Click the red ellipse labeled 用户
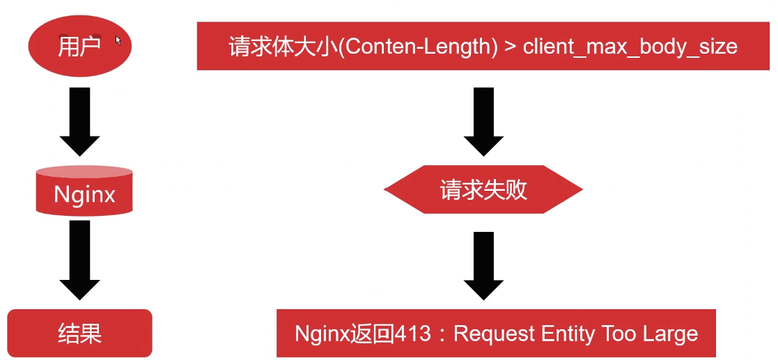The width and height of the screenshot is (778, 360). (79, 46)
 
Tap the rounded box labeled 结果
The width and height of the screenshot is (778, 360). (79, 333)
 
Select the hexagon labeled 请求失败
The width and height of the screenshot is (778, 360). (483, 190)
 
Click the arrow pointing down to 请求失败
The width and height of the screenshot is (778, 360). (483, 120)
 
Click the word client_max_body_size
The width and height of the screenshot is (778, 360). (630, 47)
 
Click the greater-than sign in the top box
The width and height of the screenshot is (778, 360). (510, 47)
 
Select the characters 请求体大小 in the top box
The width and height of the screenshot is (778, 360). (283, 47)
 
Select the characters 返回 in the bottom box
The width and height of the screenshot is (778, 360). (373, 334)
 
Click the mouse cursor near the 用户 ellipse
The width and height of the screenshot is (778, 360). (118, 40)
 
